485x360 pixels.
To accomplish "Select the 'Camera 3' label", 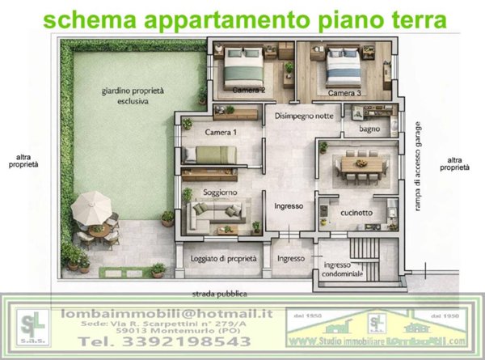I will point(344,94).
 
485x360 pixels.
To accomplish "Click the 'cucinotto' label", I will point(356,213).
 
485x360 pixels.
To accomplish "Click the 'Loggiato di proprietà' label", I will point(224,259).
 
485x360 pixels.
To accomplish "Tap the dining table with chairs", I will point(358,165).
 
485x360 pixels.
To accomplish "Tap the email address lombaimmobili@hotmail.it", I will point(167,312).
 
